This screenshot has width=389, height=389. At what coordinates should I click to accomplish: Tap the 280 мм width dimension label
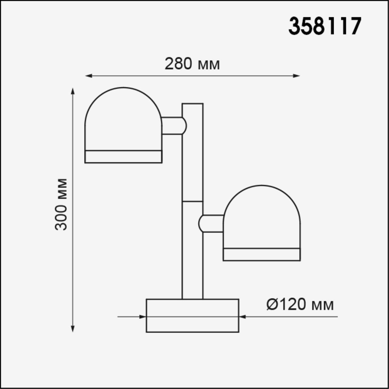click(192, 64)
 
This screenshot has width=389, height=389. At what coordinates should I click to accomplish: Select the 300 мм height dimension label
click(61, 204)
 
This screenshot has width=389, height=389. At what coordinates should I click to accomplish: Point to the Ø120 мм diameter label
click(300, 305)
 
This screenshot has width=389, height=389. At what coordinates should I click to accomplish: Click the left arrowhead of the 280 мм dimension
click(88, 76)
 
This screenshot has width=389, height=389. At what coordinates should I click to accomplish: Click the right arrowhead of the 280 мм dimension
click(296, 76)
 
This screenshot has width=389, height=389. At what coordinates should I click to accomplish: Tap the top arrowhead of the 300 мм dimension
click(73, 91)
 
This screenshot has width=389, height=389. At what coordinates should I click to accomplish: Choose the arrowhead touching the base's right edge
click(242, 317)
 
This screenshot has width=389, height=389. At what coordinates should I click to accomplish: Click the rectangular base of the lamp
click(192, 315)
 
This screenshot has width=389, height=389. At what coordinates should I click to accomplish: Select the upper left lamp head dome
click(123, 119)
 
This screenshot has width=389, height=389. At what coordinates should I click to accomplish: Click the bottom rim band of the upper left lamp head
click(123, 157)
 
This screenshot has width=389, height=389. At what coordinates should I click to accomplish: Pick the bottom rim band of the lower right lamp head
click(262, 254)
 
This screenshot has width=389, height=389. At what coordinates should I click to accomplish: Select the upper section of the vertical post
click(192, 152)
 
